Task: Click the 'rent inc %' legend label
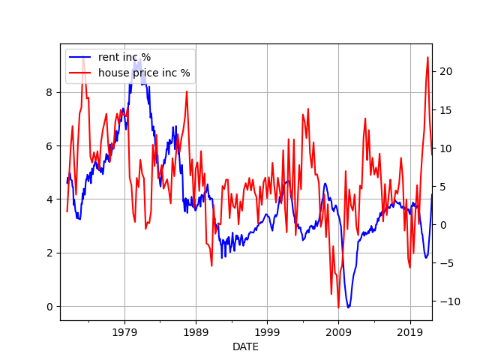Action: click(124, 58)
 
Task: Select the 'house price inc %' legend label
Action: click(144, 73)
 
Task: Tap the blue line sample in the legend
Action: click(80, 58)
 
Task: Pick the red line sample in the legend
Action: click(80, 73)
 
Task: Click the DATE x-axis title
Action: click(245, 347)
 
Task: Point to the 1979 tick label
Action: click(124, 331)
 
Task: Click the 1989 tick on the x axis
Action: click(196, 331)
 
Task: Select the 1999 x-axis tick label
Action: click(267, 331)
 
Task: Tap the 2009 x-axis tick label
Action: click(338, 331)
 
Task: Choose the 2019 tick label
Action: click(409, 331)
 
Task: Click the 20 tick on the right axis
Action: click(443, 71)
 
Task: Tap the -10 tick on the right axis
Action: click(446, 301)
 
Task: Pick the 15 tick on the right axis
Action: click(443, 109)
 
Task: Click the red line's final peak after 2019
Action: click(428, 57)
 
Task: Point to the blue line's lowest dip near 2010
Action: click(348, 307)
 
